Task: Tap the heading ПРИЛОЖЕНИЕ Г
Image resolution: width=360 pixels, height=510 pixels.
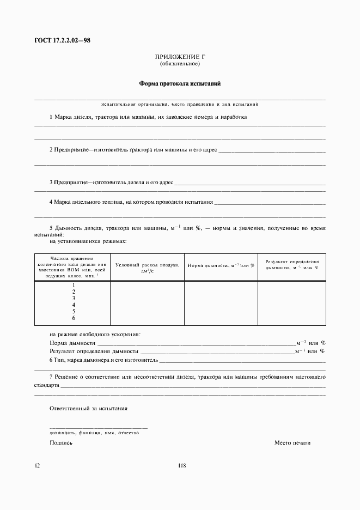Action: tap(180, 57)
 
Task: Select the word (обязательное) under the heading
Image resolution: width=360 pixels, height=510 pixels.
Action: tap(180, 64)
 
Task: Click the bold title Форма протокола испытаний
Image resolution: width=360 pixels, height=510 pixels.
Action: tap(180, 84)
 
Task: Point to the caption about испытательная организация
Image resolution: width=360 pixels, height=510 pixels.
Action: tap(180, 104)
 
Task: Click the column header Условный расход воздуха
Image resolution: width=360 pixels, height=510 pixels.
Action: tap(147, 267)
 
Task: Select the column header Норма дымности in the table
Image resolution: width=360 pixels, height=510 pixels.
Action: tap(221, 265)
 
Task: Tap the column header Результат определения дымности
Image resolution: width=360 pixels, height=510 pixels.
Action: tap(292, 265)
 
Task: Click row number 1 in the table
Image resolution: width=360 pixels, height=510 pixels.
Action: tap(74, 285)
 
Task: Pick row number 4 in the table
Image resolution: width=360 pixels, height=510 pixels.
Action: tap(74, 305)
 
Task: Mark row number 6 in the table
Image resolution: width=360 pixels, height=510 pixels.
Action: tap(74, 318)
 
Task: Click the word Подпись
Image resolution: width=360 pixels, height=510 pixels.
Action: tap(61, 443)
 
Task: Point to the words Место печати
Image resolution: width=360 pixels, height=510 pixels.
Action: tap(292, 443)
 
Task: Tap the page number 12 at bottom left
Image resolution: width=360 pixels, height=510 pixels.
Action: tap(36, 465)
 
